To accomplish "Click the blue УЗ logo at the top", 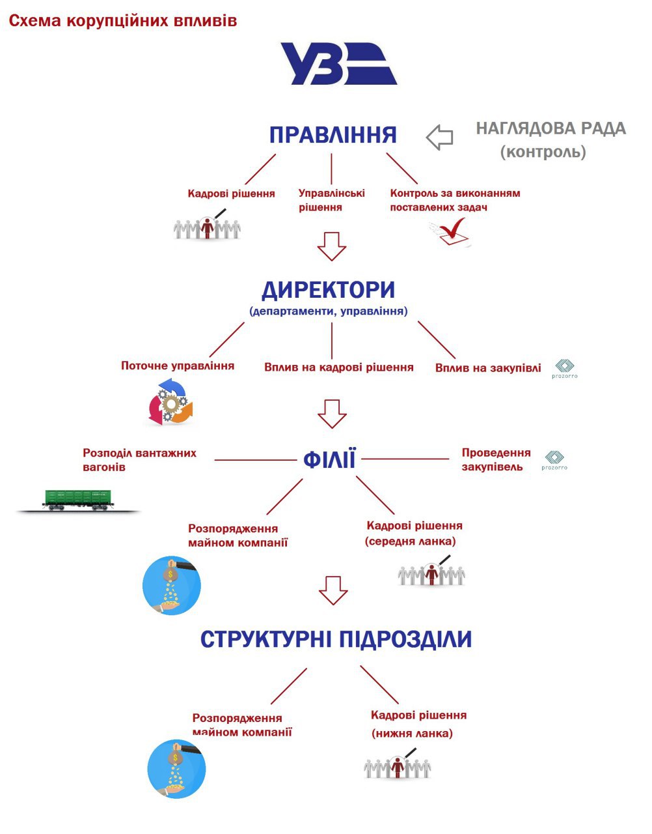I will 338,64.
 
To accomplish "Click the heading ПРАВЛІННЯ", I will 333,135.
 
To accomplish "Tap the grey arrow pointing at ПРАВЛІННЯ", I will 440,137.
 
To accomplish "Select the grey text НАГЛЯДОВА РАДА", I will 550,128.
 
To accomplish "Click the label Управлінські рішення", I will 331,200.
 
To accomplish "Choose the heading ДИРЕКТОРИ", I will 329,289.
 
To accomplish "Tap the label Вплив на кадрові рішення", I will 339,367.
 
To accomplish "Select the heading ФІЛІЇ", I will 329,460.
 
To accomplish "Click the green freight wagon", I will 78,499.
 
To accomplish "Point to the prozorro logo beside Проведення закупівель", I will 554,460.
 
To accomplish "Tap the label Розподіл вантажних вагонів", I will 139,460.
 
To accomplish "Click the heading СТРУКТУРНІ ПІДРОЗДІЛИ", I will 336,639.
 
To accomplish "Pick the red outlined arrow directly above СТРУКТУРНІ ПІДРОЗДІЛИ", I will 333,590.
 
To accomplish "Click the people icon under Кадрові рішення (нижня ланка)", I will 398,766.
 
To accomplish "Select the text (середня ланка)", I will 411,541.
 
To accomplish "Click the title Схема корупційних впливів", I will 123,21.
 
